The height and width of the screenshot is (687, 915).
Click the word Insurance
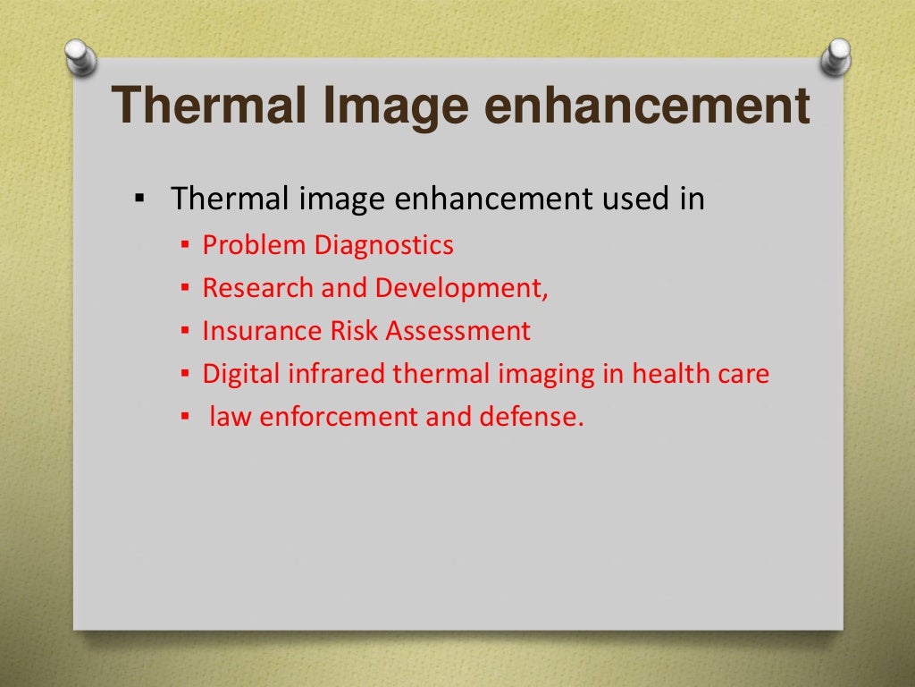click(249, 331)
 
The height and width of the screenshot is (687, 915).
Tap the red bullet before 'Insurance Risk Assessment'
click(184, 332)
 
